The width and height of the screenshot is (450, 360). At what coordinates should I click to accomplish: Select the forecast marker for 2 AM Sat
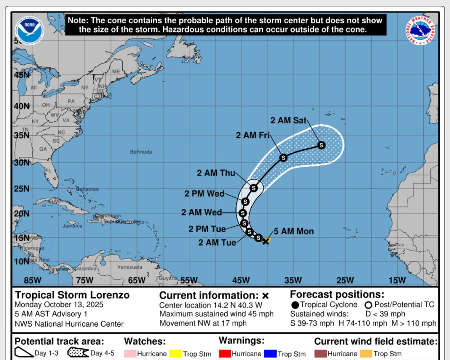(x=321, y=145)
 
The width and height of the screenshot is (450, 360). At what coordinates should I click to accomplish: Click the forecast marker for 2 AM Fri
(x=283, y=158)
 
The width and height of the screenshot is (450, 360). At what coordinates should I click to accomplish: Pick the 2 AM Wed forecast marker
(x=242, y=213)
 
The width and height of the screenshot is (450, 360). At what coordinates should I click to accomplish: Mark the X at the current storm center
(x=266, y=241)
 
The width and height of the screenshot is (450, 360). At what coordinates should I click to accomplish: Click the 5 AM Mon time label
(x=294, y=231)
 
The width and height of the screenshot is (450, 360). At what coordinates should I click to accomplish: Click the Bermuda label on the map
(x=141, y=152)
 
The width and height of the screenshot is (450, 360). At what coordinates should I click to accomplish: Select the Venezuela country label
(x=130, y=267)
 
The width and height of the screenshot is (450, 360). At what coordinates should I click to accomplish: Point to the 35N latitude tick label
(x=21, y=135)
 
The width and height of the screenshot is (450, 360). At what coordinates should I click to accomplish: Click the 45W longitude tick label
(x=241, y=280)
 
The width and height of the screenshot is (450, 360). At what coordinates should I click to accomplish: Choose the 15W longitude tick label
(x=397, y=280)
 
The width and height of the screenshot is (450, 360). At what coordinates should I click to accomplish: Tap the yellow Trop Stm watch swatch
(x=175, y=353)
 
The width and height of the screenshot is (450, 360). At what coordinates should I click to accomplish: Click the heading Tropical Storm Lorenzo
(x=72, y=295)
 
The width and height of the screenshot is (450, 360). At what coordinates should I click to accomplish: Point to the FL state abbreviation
(x=48, y=171)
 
